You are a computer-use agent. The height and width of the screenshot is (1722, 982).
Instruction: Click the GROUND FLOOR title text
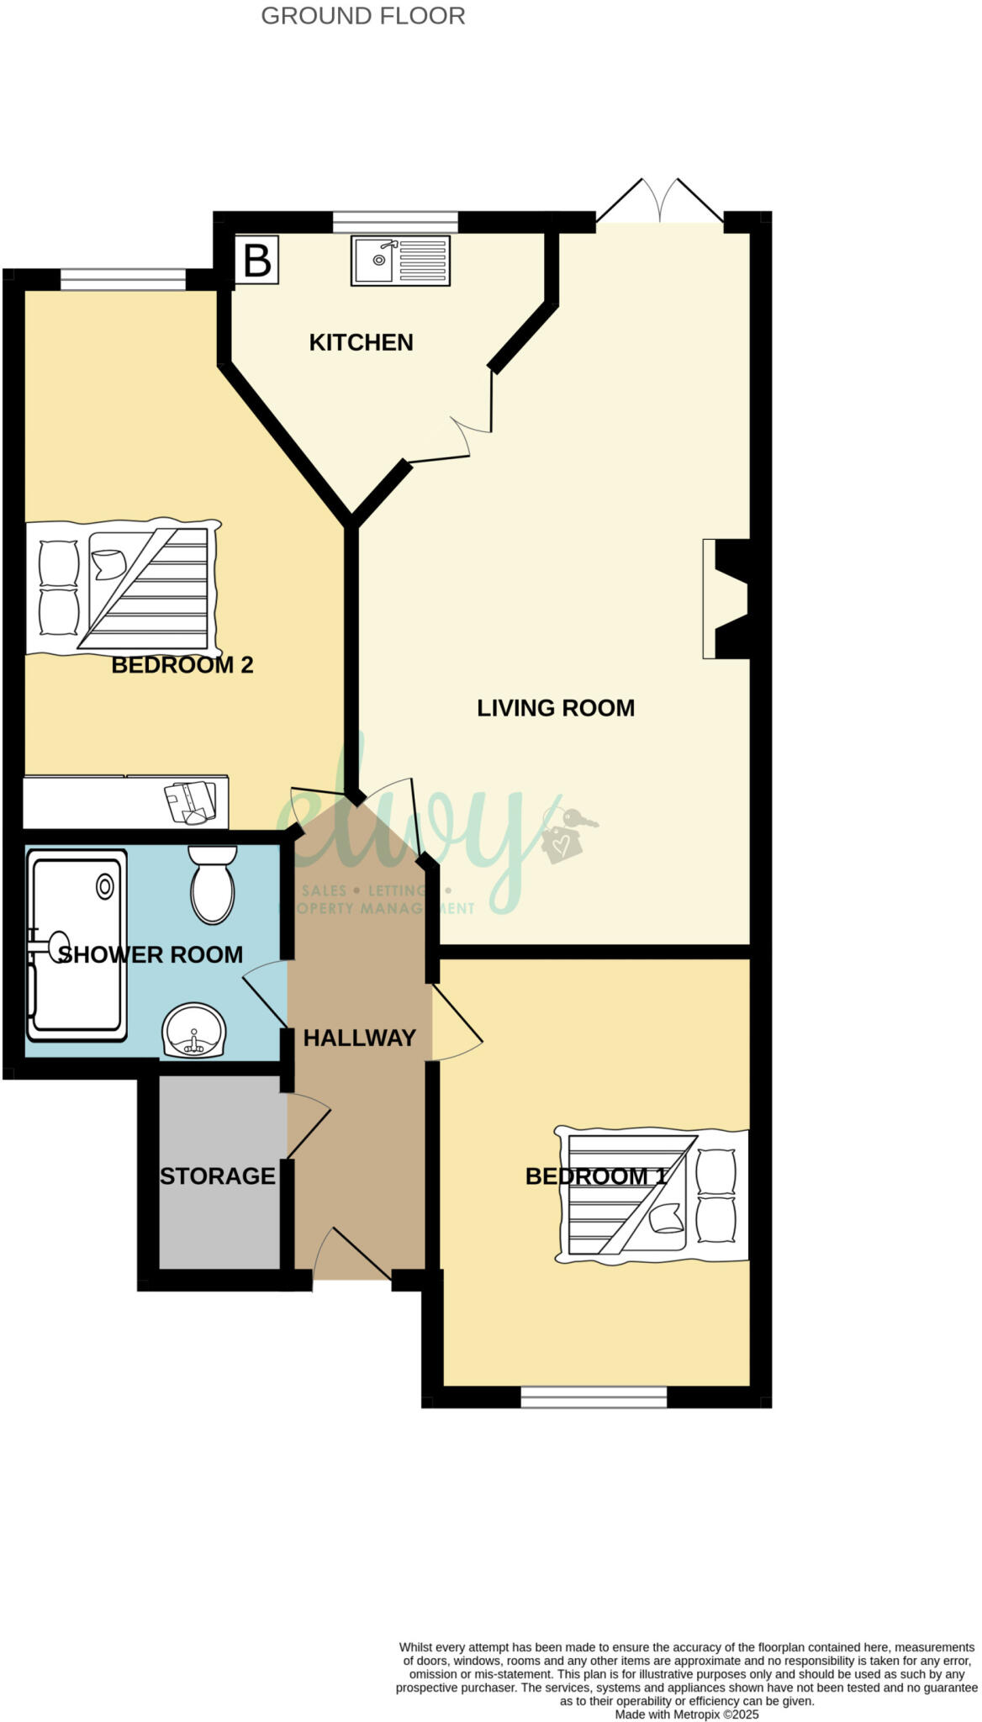pos(363,16)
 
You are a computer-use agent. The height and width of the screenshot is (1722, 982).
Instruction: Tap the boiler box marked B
pos(256,261)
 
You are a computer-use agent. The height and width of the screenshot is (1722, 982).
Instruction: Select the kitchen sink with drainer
pos(400,261)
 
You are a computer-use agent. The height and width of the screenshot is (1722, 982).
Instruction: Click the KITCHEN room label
pos(361,342)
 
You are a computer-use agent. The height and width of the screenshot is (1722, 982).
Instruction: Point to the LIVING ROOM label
pos(556,708)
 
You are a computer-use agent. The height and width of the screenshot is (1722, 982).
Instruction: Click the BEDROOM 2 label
pos(182,665)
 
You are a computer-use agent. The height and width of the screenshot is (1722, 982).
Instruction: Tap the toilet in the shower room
pos(214,885)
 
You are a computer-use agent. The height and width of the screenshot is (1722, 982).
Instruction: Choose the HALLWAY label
pos(360,1038)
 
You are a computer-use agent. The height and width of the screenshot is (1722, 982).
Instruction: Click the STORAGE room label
pos(218,1175)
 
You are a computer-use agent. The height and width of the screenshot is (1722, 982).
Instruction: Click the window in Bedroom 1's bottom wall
pos(594,1397)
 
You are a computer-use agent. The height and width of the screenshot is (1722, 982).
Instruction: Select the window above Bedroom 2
pos(123,279)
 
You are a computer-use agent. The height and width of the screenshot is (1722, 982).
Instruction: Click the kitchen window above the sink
pos(395,222)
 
